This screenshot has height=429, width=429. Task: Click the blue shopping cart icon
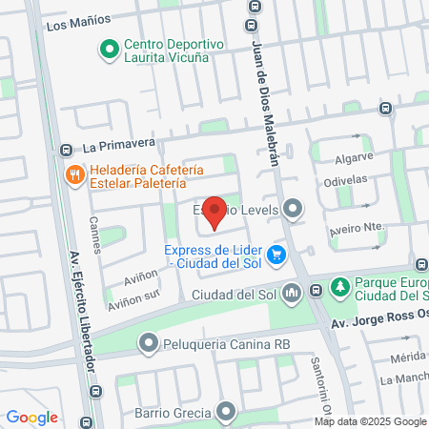pyautogui.click(x=276, y=255)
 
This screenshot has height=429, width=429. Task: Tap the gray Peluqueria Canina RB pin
pyautogui.click(x=148, y=342)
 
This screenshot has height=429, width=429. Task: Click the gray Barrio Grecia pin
pyautogui.click(x=226, y=413)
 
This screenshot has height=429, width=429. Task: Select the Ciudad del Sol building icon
pyautogui.click(x=293, y=293)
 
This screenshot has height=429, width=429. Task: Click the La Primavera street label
pyautogui.click(x=118, y=147)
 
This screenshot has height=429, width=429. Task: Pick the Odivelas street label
pyautogui.click(x=372, y=179)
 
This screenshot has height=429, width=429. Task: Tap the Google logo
pyautogui.click(x=31, y=418)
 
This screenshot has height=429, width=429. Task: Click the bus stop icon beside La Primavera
pyautogui.click(x=66, y=150)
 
